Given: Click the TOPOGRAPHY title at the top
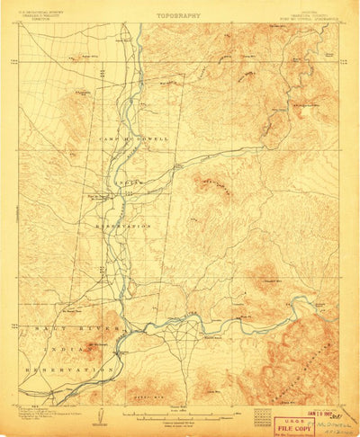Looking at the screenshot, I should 178,15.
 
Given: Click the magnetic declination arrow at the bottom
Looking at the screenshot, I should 105,415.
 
